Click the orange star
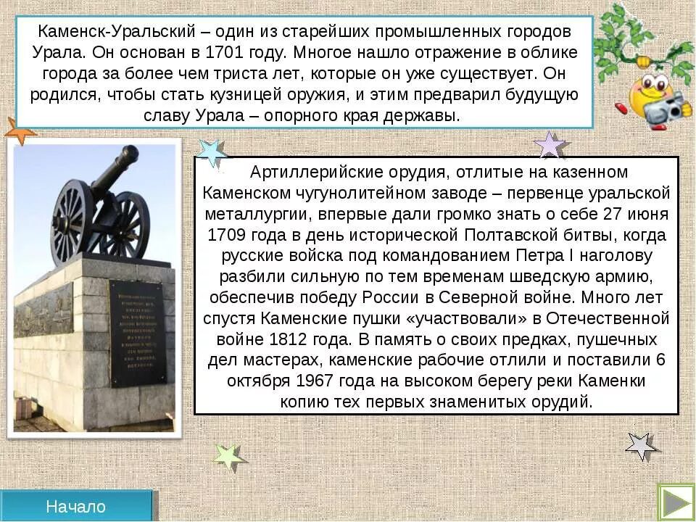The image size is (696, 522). [18, 131]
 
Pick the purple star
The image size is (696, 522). [550, 145]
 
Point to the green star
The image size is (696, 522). [228, 457]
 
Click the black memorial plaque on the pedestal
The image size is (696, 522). [137, 333]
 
